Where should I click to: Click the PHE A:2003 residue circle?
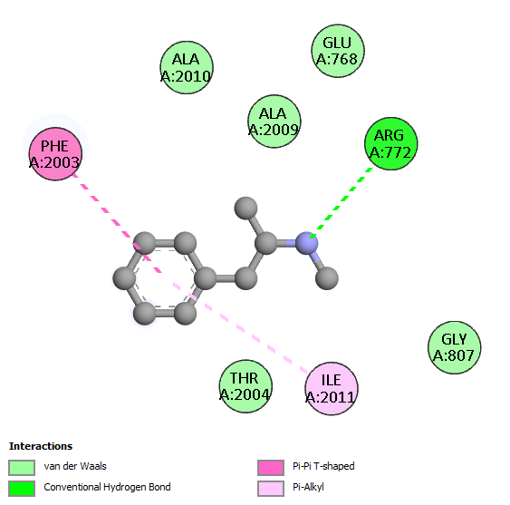(55, 154)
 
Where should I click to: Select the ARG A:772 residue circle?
(391, 143)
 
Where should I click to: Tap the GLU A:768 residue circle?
(338, 51)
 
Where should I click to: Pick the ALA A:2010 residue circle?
(187, 67)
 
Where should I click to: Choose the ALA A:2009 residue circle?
(274, 121)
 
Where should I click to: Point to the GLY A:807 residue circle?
(454, 347)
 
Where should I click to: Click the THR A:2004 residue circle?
(245, 386)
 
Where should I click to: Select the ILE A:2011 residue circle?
(332, 388)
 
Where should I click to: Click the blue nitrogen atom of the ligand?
(307, 243)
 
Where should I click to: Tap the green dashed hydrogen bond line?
(342, 203)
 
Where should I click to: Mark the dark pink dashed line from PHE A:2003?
(117, 223)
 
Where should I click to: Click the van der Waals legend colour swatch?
(22, 467)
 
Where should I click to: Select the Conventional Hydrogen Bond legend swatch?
(22, 489)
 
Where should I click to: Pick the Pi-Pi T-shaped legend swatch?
(271, 467)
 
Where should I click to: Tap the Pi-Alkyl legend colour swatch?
(271, 489)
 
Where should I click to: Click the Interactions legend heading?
(41, 446)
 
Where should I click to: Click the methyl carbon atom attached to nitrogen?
(327, 278)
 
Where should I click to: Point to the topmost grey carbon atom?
(245, 208)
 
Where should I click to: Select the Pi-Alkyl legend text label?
(308, 488)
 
